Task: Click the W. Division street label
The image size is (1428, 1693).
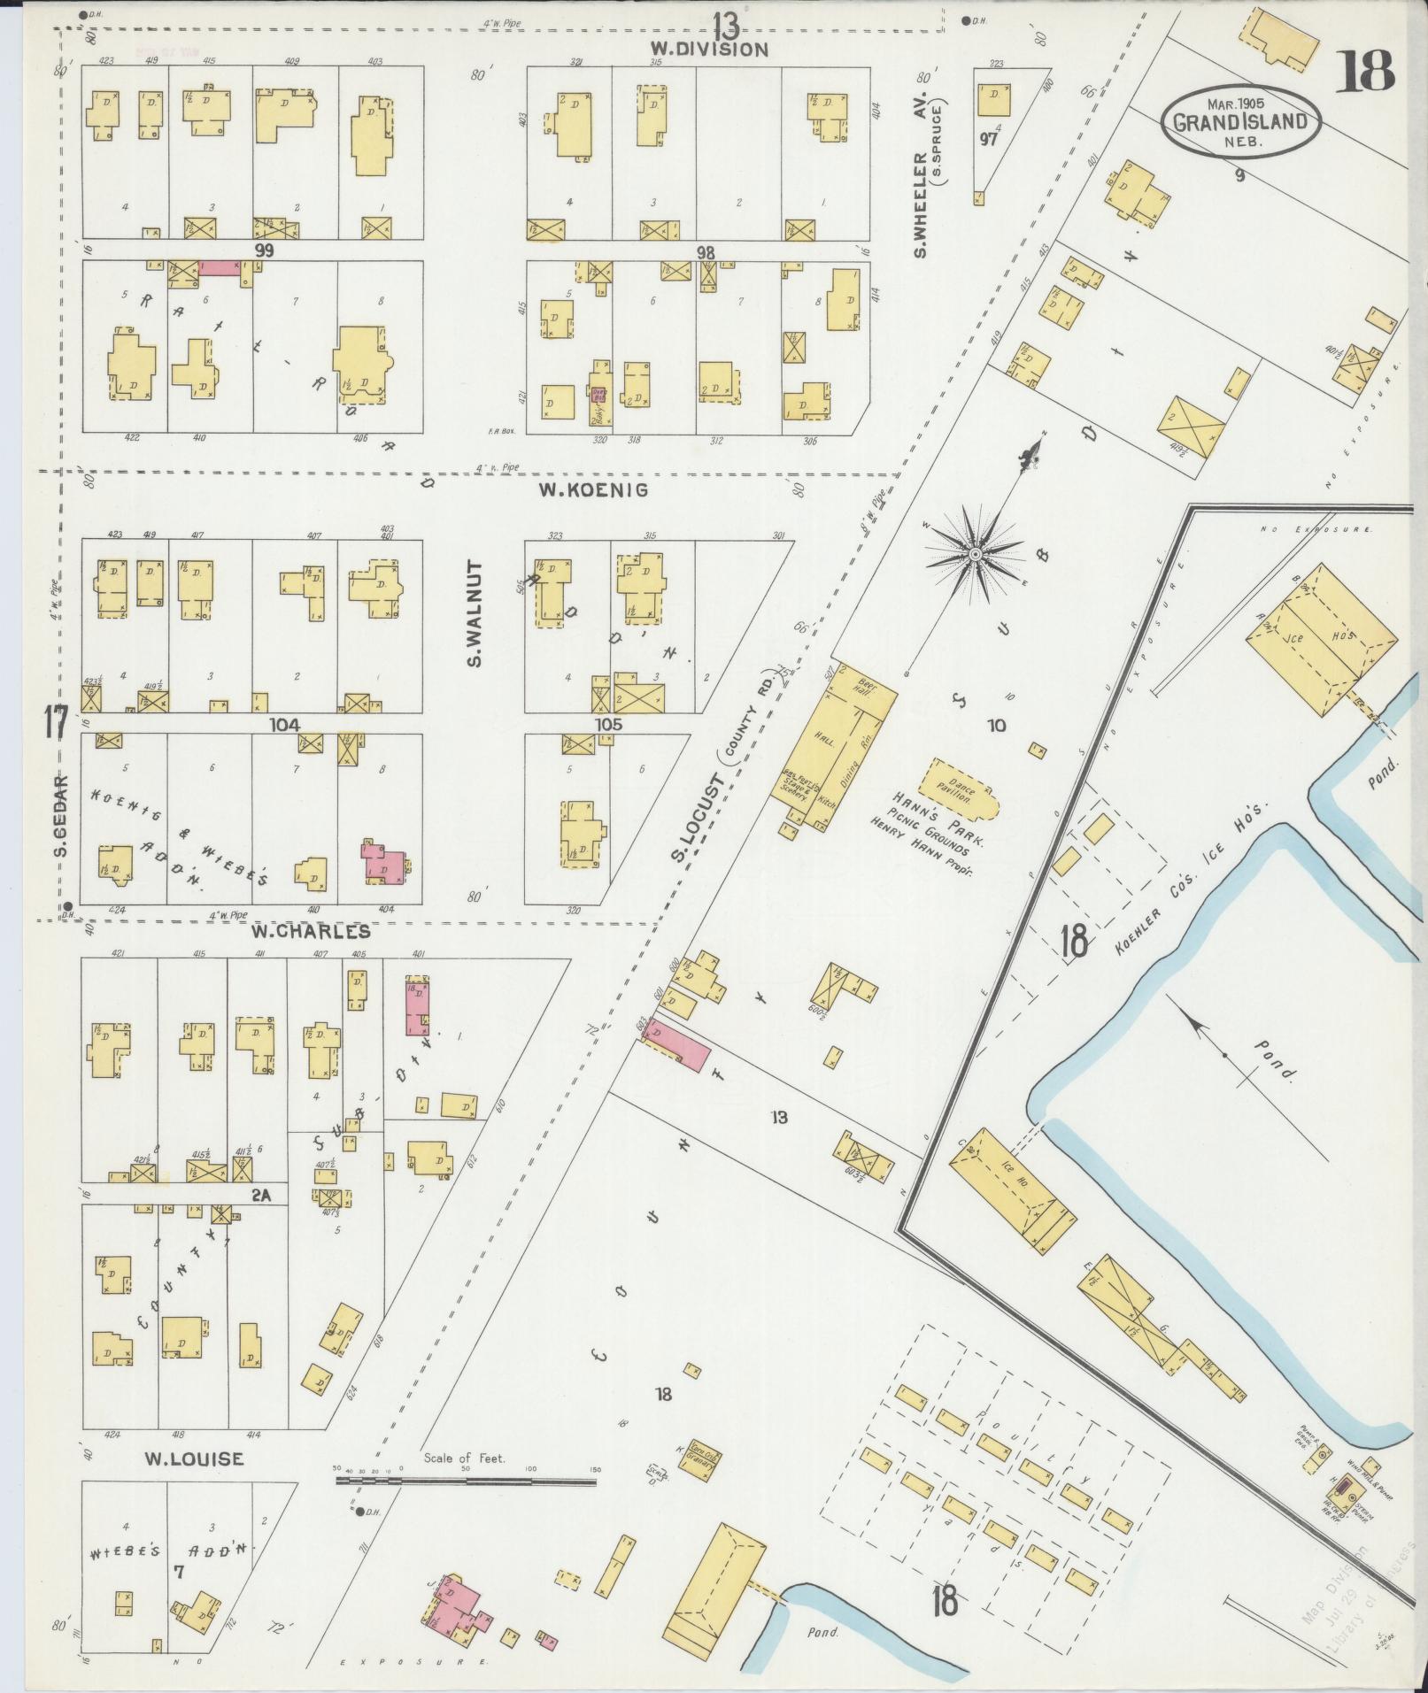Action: click(709, 49)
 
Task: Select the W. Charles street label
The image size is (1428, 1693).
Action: click(310, 931)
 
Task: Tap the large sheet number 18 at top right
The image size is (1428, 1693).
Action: click(1364, 72)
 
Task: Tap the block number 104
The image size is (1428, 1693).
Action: click(285, 724)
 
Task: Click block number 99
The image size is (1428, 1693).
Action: click(263, 250)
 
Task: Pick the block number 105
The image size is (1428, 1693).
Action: click(608, 724)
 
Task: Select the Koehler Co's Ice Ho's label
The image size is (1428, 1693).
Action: click(1192, 879)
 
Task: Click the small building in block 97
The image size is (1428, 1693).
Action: click(992, 100)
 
